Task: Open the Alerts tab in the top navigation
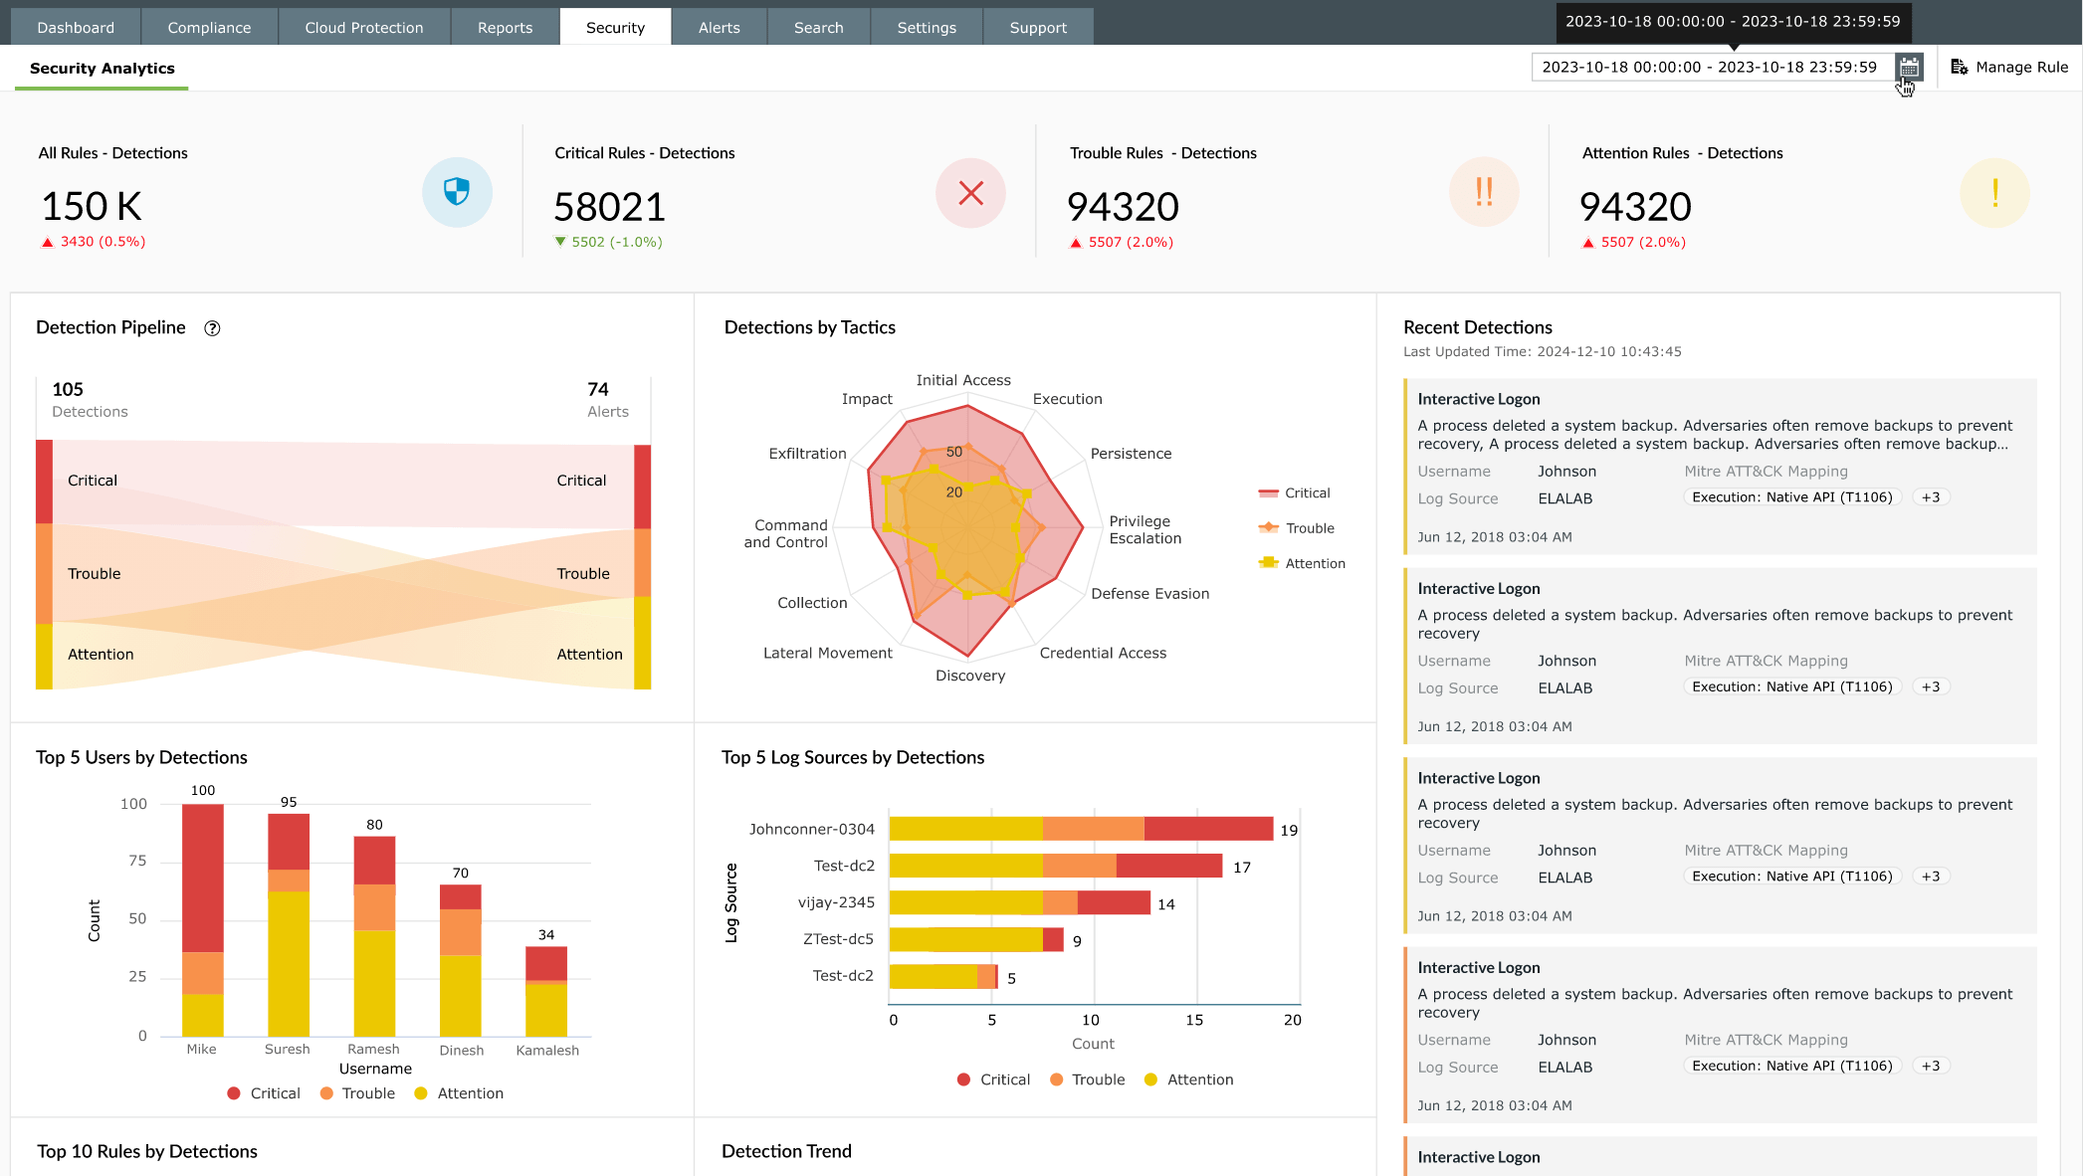coord(719,27)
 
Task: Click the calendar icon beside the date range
coord(1908,67)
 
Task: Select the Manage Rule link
coord(2009,67)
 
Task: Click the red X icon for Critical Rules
coord(970,192)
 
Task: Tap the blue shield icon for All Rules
coord(457,191)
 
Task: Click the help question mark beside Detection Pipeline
coord(212,328)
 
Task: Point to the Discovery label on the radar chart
coord(969,676)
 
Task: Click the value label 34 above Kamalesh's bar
coord(546,934)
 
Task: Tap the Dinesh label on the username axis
coord(461,1050)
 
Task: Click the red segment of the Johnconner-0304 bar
coord(1207,829)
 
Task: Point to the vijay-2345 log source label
coord(836,902)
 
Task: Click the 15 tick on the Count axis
coord(1193,1020)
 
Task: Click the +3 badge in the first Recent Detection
coord(1930,497)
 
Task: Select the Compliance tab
coord(209,27)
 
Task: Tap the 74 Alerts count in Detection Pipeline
coord(598,389)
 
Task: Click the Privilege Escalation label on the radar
coord(1145,529)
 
